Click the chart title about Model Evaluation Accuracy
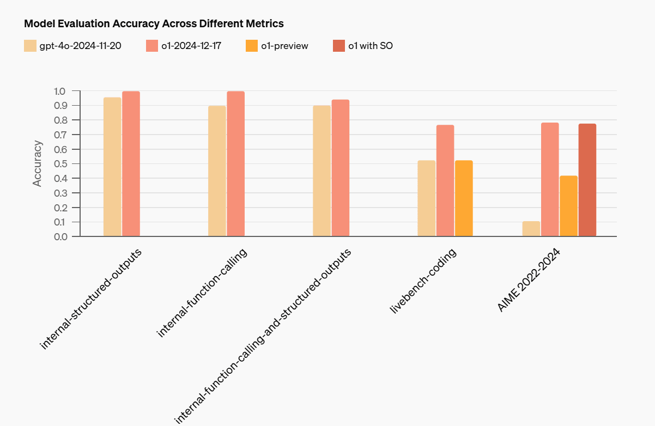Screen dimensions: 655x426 tap(154, 23)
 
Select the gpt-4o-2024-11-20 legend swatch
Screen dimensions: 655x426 tap(30, 46)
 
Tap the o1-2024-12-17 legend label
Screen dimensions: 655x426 tap(191, 46)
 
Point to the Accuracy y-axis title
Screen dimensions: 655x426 tap(37, 163)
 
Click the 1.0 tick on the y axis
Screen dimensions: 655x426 tap(59, 91)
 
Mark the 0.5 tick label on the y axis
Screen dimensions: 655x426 tap(61, 164)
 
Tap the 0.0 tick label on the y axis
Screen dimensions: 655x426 tap(61, 237)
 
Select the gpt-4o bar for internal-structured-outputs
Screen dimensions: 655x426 tap(112, 167)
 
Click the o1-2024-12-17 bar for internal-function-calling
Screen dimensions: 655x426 tap(236, 164)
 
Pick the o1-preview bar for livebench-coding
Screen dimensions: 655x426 tap(464, 198)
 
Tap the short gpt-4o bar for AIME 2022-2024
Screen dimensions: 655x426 tap(531, 229)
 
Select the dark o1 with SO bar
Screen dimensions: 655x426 tap(587, 180)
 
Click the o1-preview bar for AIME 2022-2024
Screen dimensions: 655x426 tap(568, 206)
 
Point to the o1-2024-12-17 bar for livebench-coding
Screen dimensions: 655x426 tap(445, 180)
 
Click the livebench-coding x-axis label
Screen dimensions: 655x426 tap(423, 281)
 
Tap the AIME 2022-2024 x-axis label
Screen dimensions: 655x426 tap(529, 280)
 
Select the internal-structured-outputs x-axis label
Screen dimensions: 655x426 tap(90, 299)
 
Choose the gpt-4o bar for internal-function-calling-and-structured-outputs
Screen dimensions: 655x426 tap(322, 171)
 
